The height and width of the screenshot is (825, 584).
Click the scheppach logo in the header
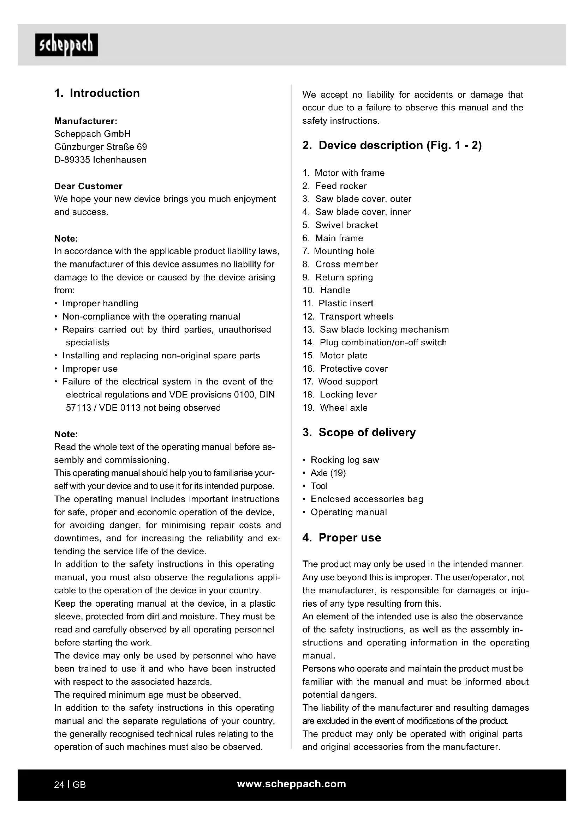coord(66,45)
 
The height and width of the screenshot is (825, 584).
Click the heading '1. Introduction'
coord(97,93)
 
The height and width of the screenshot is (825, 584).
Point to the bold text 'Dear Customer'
coord(88,186)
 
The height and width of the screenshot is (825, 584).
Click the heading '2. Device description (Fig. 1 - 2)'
coord(392,145)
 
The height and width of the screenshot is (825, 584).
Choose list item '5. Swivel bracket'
coord(340,225)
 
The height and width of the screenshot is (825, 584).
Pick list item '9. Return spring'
coord(338,277)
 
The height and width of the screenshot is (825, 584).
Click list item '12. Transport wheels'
coord(348,316)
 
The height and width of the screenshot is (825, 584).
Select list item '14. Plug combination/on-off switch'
coord(375,342)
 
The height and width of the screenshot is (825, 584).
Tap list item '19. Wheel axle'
coord(335,408)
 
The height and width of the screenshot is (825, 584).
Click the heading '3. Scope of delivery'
coord(359,432)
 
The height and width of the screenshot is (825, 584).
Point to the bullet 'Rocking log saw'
coord(345,460)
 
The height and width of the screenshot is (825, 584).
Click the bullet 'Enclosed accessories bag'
coord(367,499)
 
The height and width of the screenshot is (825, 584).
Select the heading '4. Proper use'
coord(342,538)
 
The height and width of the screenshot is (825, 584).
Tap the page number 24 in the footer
coord(59,785)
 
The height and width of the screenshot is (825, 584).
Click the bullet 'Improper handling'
coord(100,304)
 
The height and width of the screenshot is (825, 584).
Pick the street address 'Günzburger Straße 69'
coord(100,147)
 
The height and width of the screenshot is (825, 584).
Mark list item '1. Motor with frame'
coord(344,173)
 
